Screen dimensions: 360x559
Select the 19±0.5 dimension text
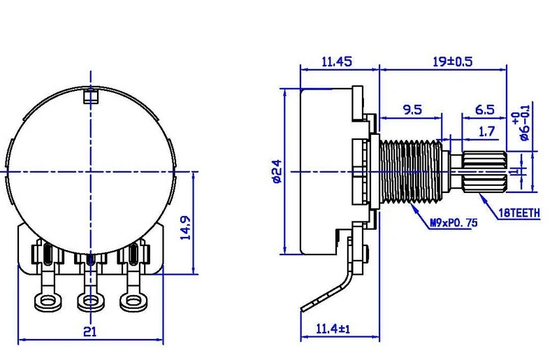coord(452,62)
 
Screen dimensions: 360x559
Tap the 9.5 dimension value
coord(413,109)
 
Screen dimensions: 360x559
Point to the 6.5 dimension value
coord(484,109)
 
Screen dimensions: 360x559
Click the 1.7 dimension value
coord(487,130)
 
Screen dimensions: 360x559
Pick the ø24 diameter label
coord(276,171)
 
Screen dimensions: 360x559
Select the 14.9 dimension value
coord(185,229)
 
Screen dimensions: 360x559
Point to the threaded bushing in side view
coord(409,171)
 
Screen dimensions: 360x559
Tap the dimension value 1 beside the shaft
coord(516,171)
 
